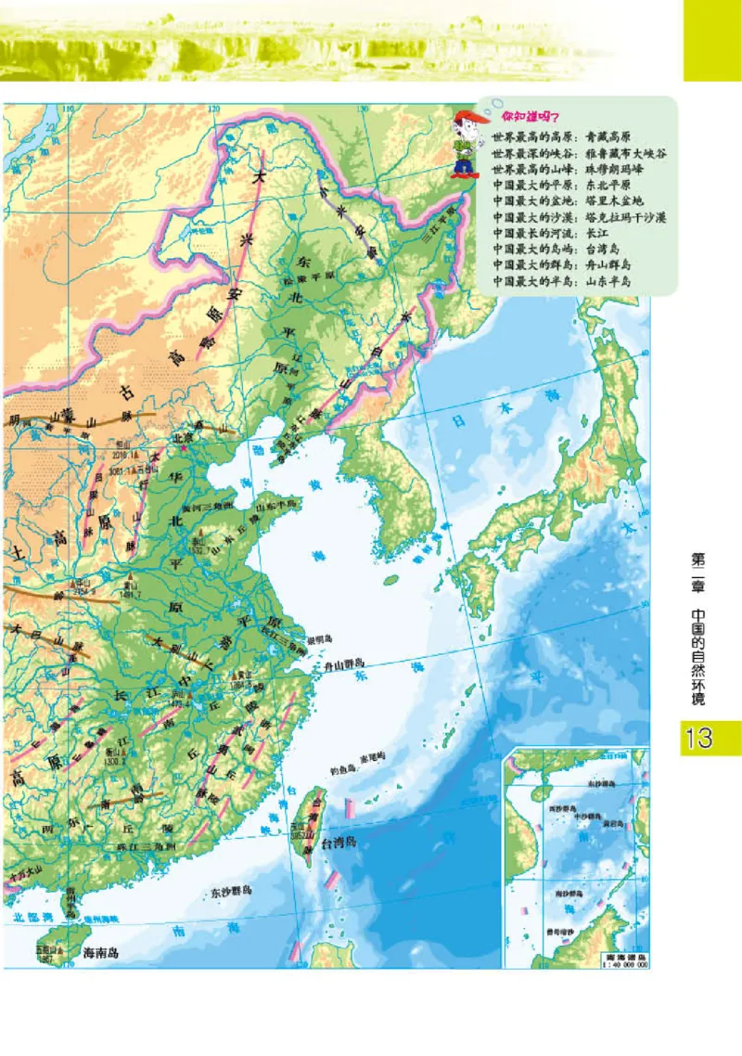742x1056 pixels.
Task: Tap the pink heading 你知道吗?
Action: pos(526,118)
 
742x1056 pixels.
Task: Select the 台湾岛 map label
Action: pos(339,843)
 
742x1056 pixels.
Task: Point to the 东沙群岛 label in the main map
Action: pos(231,890)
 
